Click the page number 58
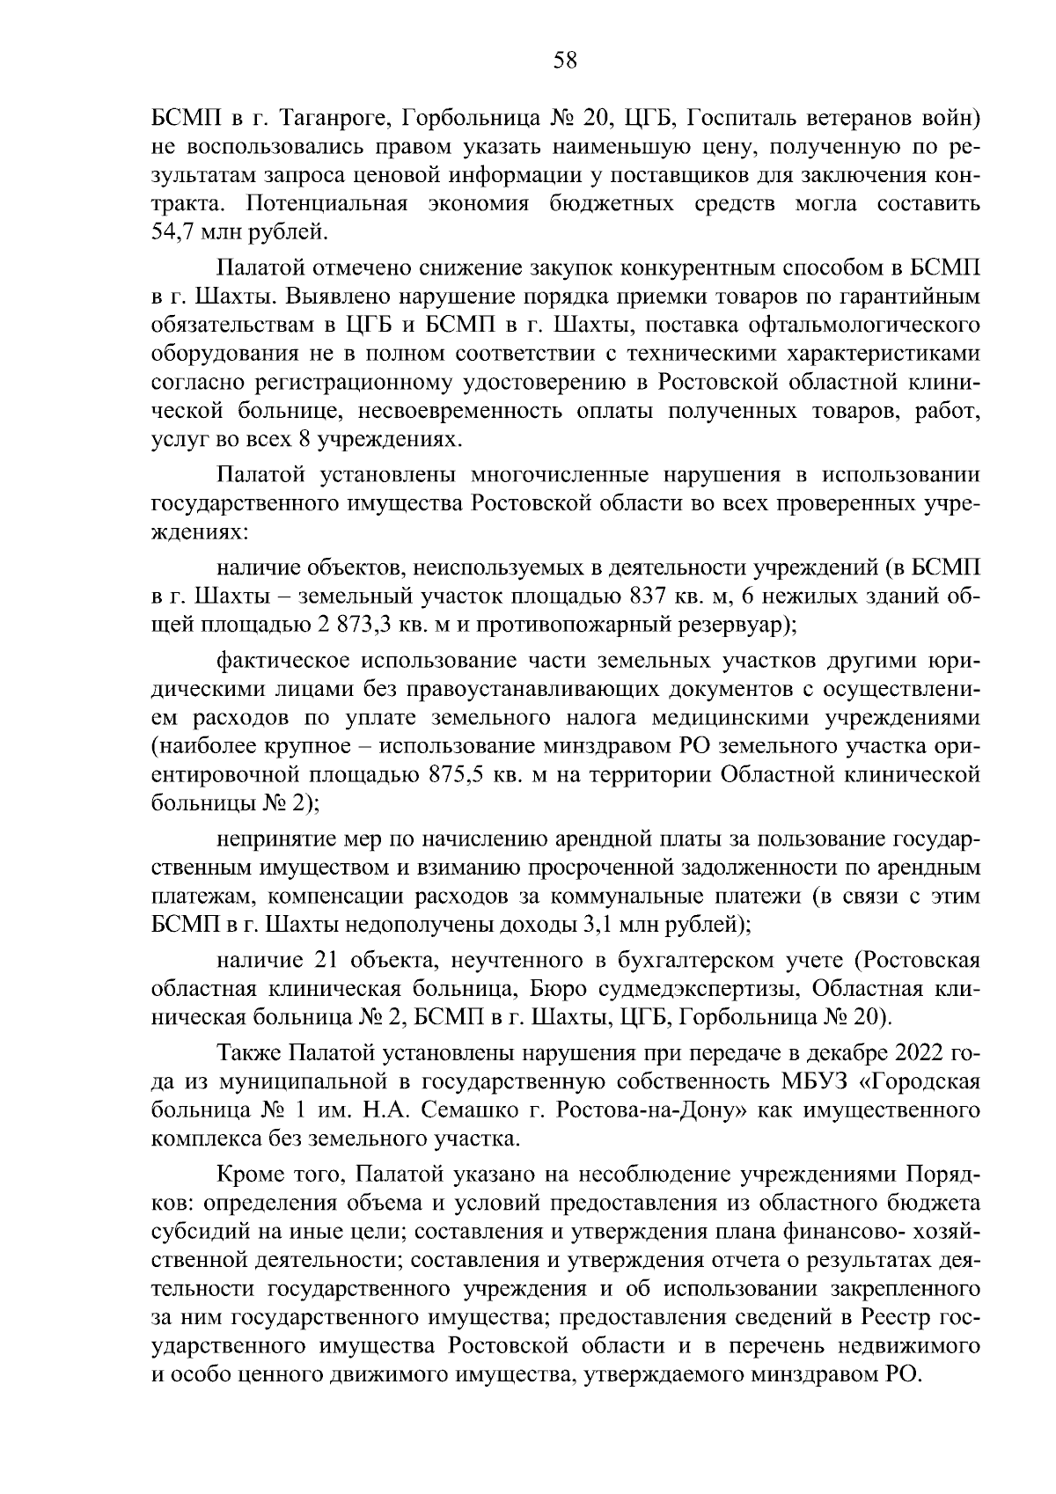tap(564, 60)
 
